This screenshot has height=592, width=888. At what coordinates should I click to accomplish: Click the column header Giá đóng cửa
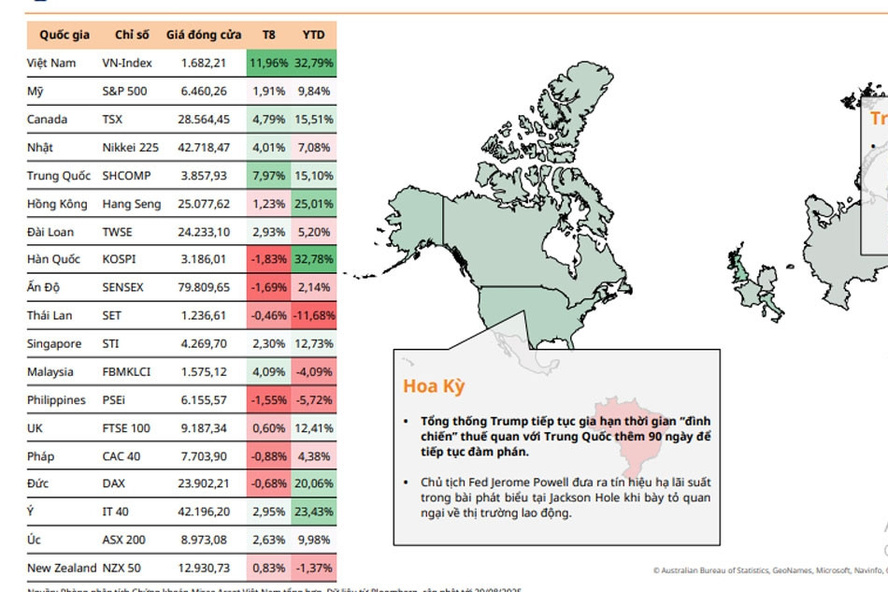(x=203, y=35)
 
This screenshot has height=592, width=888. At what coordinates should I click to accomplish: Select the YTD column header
(x=314, y=35)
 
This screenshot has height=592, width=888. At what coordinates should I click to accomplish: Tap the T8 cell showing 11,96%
(x=268, y=63)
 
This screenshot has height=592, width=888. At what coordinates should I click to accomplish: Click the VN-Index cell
(x=127, y=63)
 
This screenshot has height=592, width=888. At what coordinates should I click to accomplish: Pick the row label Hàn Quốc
(x=53, y=259)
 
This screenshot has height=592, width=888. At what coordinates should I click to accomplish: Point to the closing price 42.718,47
(x=203, y=147)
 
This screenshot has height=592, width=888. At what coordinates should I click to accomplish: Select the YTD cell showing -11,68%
(x=314, y=315)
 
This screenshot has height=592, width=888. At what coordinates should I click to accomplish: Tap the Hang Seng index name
(x=131, y=203)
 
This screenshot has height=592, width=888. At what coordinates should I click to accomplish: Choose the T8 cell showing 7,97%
(x=268, y=175)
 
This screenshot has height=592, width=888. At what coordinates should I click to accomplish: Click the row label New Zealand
(x=62, y=568)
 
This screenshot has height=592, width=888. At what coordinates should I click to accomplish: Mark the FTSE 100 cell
(x=125, y=427)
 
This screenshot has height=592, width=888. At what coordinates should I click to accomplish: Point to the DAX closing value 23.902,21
(x=203, y=484)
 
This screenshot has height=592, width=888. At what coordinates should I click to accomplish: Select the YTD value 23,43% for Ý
(x=314, y=512)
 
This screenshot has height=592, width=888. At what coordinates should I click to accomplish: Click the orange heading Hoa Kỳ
(x=434, y=386)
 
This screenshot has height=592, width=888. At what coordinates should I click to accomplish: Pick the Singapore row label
(x=54, y=343)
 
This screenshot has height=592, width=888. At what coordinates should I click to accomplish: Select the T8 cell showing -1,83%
(x=268, y=259)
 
